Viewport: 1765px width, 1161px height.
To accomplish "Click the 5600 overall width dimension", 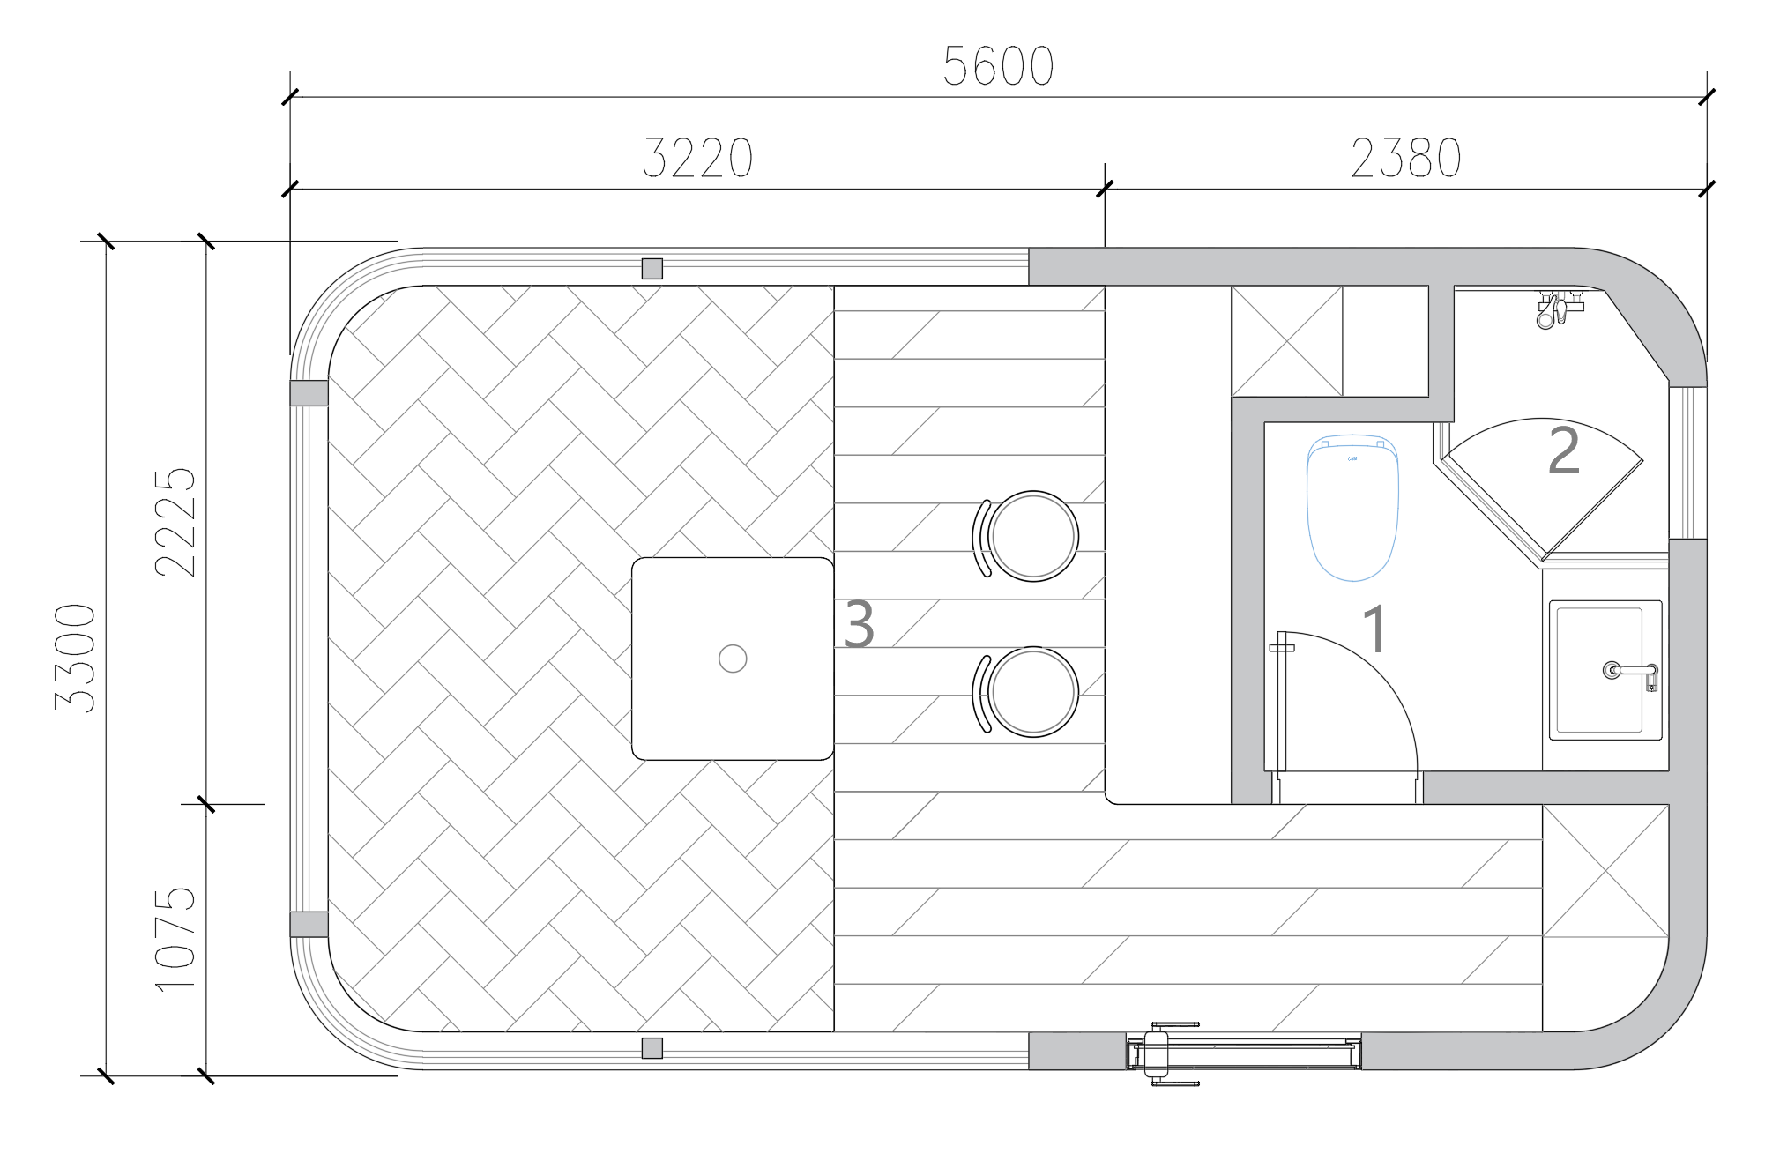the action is click(998, 66).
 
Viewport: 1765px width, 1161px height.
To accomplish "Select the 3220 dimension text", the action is click(697, 159).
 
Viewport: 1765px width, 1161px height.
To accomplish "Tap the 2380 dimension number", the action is click(1405, 159).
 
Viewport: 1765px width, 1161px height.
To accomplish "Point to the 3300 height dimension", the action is click(75, 658).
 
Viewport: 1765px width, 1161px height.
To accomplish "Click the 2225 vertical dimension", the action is click(175, 522).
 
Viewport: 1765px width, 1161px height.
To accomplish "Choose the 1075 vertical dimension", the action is click(175, 939).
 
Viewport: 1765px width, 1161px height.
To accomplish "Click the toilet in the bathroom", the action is click(1352, 508).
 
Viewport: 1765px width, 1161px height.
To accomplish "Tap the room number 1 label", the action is click(1375, 629).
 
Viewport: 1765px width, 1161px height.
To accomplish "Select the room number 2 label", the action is click(1564, 451).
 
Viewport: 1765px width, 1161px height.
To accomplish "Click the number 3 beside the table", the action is click(859, 624).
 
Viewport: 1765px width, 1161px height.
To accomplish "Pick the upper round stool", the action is click(1025, 536).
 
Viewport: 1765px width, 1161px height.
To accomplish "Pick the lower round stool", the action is click(1025, 692).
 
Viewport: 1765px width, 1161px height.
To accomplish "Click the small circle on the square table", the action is click(733, 659).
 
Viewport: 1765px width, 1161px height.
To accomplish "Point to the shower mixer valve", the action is click(1558, 309).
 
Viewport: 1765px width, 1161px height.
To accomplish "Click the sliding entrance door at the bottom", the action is click(1244, 1053).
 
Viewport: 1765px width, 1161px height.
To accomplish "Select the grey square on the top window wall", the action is click(652, 269).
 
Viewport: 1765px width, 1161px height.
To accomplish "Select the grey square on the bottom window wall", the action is click(652, 1048).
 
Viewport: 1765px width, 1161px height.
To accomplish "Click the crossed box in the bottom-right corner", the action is click(1605, 871).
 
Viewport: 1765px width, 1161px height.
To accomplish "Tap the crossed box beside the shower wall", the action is click(1287, 340).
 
